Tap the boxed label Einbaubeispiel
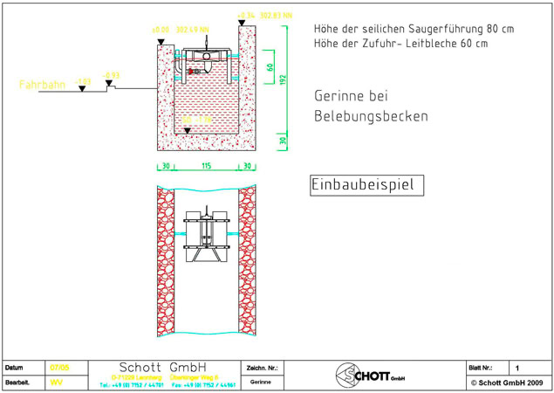tap(366, 186)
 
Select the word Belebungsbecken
tap(371, 116)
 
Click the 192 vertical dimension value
tap(284, 79)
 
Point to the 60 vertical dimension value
tap(270, 67)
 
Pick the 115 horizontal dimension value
tap(207, 166)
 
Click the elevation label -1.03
tap(83, 80)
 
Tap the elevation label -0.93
tap(111, 75)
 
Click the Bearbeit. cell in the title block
tap(17, 383)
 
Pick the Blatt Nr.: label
tap(483, 368)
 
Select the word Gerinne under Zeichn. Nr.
tap(260, 383)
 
